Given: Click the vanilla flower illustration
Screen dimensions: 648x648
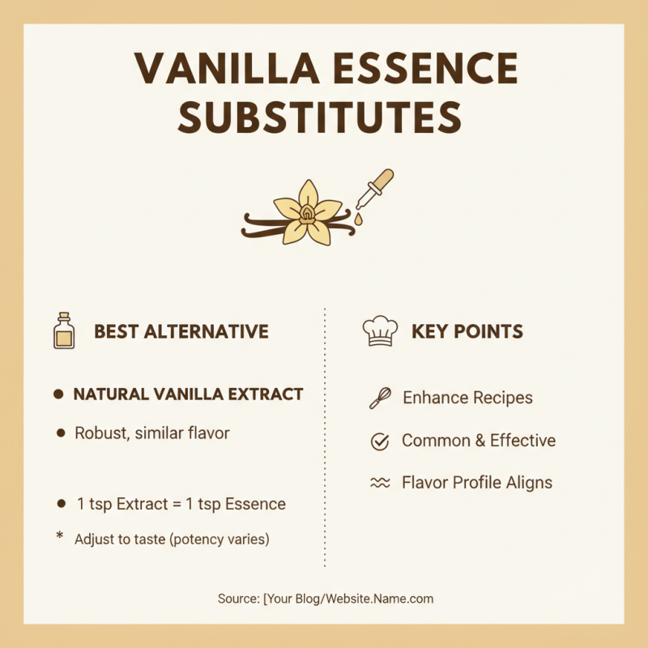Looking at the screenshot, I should click(308, 212).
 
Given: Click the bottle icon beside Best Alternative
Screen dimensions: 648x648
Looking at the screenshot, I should click(63, 330).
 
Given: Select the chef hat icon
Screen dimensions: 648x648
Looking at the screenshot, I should click(379, 330).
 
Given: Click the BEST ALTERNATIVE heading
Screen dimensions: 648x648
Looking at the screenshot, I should click(181, 331).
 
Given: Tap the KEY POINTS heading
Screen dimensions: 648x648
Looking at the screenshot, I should click(467, 331).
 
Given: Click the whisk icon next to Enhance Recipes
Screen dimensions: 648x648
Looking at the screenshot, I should click(379, 398).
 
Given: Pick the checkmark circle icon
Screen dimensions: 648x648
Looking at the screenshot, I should click(379, 441).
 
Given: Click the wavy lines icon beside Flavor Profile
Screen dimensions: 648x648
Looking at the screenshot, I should click(379, 483).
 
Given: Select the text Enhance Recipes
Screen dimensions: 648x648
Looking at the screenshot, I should click(467, 398).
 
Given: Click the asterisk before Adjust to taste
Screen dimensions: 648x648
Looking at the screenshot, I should click(59, 536).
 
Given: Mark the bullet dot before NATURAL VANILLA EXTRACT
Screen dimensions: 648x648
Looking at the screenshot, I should click(58, 395).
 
